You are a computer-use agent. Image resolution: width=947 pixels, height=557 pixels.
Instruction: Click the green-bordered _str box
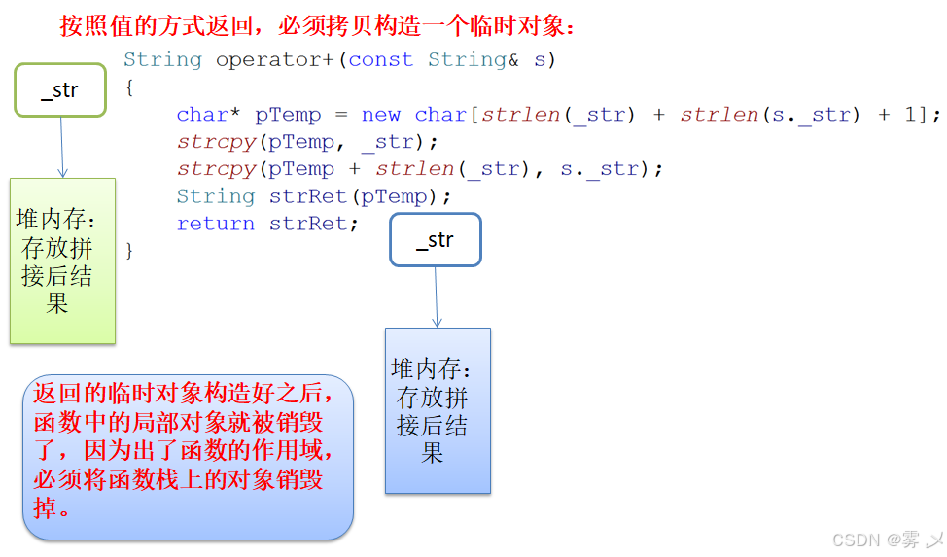click(60, 90)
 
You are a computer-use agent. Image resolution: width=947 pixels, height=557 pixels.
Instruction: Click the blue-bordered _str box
click(436, 240)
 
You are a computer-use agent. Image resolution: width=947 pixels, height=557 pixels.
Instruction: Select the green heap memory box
click(62, 261)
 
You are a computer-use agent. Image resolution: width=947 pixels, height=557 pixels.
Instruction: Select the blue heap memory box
click(438, 410)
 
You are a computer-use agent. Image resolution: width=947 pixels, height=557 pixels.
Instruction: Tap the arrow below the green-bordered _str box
click(61, 147)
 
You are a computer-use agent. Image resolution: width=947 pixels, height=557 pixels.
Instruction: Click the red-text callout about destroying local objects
click(187, 457)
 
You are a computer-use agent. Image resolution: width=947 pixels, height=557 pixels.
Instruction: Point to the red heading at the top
click(317, 26)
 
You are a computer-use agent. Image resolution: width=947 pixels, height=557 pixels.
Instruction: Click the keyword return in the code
click(215, 224)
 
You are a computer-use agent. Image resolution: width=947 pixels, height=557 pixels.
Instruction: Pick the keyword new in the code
click(380, 115)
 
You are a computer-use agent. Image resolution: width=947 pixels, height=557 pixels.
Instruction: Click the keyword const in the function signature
click(380, 60)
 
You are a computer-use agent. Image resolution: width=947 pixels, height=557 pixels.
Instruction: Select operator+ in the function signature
click(274, 60)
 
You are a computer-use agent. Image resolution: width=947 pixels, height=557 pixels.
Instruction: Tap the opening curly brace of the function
click(129, 87)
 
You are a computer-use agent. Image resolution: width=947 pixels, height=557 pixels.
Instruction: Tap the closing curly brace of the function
click(129, 251)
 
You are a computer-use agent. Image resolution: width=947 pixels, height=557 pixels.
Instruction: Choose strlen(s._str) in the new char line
click(770, 115)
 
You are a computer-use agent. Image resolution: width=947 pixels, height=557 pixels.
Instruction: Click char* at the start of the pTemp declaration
click(208, 115)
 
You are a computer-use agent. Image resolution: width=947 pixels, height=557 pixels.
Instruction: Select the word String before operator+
click(162, 60)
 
